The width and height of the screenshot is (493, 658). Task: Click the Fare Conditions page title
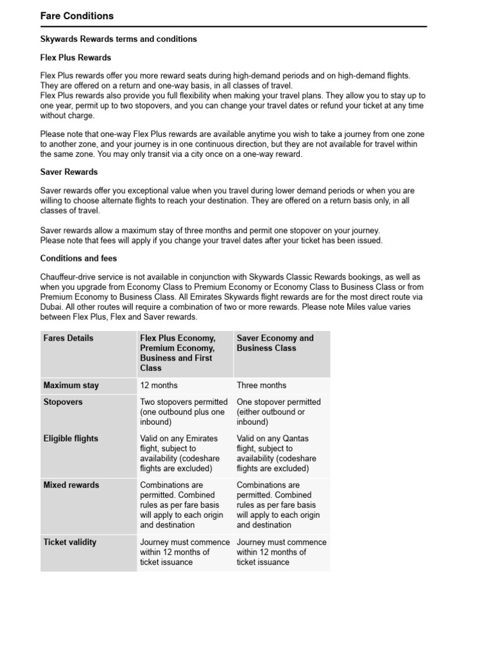77,16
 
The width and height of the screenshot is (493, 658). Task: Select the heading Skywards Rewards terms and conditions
118,39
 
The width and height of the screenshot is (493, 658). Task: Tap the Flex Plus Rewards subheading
76,58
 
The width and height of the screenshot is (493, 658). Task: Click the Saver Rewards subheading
69,172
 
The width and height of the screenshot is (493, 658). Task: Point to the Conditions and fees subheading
78,258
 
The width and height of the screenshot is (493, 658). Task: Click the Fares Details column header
68,338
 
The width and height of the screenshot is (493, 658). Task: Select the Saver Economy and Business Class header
275,343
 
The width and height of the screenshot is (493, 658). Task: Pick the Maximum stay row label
71,386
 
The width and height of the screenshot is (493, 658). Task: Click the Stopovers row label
63,402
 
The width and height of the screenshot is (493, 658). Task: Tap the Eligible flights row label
71,439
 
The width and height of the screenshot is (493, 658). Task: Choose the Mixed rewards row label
71,485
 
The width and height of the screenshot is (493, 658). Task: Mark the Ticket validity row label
69,542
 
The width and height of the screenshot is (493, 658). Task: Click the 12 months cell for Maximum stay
159,386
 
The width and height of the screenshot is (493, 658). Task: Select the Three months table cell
261,386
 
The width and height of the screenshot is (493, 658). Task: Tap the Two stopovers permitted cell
184,412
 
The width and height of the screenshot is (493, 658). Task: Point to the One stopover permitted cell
278,412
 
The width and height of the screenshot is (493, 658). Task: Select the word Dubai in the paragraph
53,307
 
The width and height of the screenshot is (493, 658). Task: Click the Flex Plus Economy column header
178,338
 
